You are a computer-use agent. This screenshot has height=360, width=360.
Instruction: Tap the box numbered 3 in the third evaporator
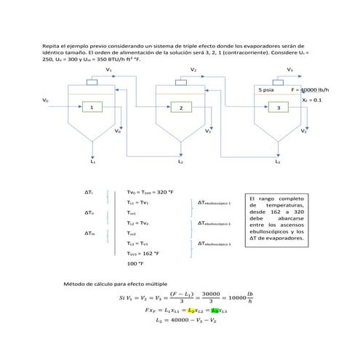click(x=277, y=108)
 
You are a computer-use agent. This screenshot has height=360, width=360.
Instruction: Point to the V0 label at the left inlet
click(x=45, y=99)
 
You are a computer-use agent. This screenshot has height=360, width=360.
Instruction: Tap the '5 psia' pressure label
click(x=266, y=89)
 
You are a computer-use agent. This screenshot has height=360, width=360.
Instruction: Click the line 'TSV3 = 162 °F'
click(x=142, y=253)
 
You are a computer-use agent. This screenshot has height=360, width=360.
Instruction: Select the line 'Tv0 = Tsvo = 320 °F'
click(x=150, y=192)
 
